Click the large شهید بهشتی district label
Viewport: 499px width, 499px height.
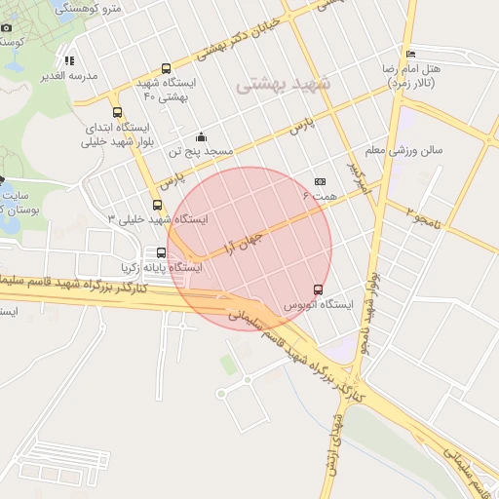click(284, 85)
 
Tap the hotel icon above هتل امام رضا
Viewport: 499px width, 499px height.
click(410, 54)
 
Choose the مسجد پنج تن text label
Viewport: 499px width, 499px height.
click(201, 152)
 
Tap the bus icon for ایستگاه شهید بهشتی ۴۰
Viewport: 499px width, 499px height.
click(166, 69)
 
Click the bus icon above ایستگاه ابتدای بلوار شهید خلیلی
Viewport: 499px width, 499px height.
click(118, 112)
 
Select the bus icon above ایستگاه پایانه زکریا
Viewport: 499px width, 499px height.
click(161, 252)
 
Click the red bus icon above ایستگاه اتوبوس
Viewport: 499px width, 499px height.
click(318, 289)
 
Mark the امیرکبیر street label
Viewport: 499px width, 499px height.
click(361, 175)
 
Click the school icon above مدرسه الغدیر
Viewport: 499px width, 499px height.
click(69, 59)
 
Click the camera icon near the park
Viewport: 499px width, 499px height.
click(6, 27)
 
